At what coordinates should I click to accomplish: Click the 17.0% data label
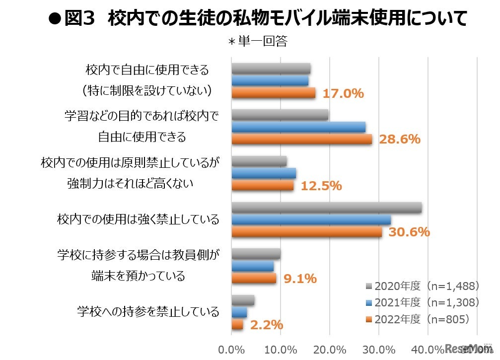pos(343,93)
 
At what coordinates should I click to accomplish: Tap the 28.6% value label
pos(400,140)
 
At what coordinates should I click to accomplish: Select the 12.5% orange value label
pos(321,186)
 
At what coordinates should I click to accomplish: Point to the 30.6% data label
pos(409,232)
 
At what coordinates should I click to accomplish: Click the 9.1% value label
pos(299,279)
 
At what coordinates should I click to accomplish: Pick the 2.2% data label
pos(266,325)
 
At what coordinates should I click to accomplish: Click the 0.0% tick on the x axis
pos(231,349)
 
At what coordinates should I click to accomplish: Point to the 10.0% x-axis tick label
pos(281,349)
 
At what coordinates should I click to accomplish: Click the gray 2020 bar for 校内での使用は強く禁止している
pos(326,208)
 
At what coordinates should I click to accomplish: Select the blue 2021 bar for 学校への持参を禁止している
pos(239,312)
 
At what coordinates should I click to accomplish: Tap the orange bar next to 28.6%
pos(301,140)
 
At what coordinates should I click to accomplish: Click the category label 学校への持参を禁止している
pos(148,312)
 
